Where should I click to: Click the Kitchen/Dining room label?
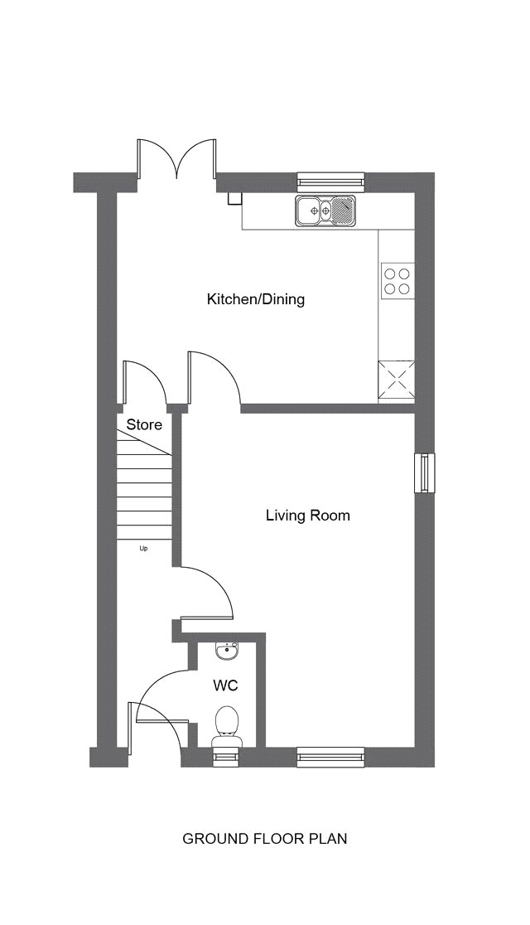pyautogui.click(x=255, y=299)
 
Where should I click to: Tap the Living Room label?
pyautogui.click(x=308, y=516)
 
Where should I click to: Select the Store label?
pyautogui.click(x=144, y=424)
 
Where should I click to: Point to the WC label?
pyautogui.click(x=225, y=685)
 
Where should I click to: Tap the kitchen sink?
pyautogui.click(x=326, y=210)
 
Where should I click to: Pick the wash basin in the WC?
pyautogui.click(x=227, y=651)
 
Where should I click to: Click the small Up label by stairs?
pyautogui.click(x=143, y=549)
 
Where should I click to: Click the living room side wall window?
pyautogui.click(x=425, y=472)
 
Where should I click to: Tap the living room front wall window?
pyautogui.click(x=330, y=756)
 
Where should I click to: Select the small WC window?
pyautogui.click(x=226, y=756)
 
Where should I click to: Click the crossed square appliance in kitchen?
pyautogui.click(x=396, y=381)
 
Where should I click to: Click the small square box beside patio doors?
pyautogui.click(x=234, y=198)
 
